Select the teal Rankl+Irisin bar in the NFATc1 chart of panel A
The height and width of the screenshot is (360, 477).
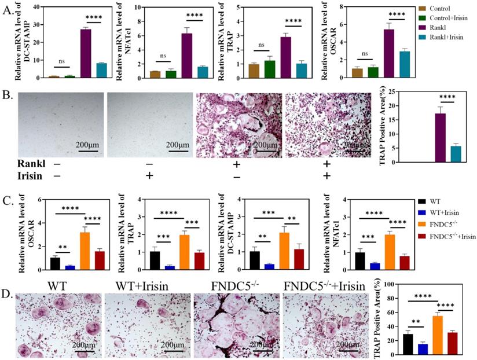click(x=202, y=72)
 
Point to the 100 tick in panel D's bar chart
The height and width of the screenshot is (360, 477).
click(x=393, y=284)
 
